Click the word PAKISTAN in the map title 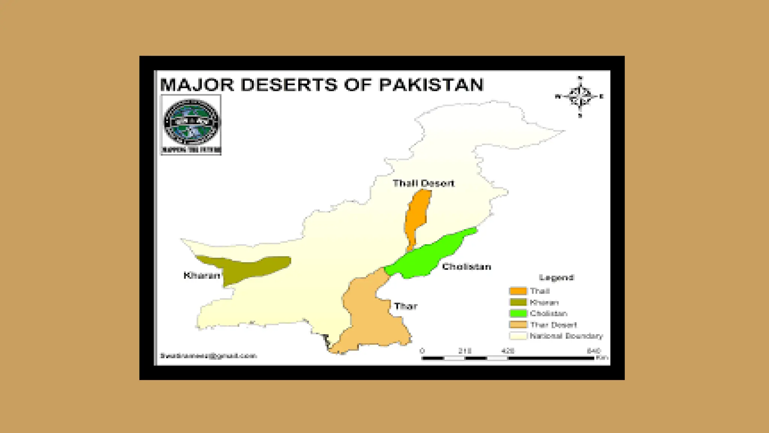coord(431,85)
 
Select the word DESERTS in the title coord(289,85)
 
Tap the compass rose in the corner coord(580,97)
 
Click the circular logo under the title coord(191,122)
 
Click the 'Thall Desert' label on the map coord(423,183)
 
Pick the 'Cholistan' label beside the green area coord(466,267)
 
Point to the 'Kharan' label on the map coord(202,276)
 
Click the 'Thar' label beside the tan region coord(406,306)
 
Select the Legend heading coord(556,278)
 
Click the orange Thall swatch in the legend coord(518,291)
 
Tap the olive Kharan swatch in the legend coord(518,302)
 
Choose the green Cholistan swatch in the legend coord(518,313)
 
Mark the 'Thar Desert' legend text coord(553,325)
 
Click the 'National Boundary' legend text coord(566,336)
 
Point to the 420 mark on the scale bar coord(508,351)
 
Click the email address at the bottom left coord(208,356)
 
